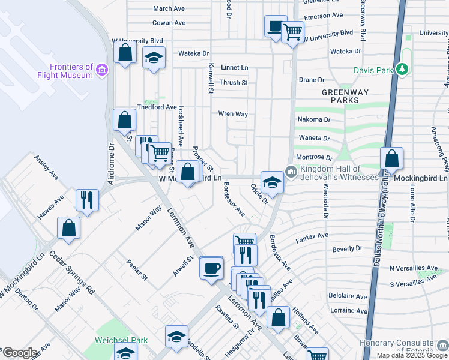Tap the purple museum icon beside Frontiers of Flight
click(103, 71)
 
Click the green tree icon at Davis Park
click(403, 70)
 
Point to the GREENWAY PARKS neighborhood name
click(345, 97)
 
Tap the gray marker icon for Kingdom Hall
click(292, 173)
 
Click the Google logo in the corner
click(19, 353)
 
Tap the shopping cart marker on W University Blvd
click(292, 31)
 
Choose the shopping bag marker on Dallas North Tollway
click(391, 159)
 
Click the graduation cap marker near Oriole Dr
click(272, 182)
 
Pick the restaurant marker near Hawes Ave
click(87, 200)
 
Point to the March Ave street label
click(169, 8)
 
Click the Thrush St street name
click(234, 83)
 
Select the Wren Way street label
click(233, 113)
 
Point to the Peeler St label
click(136, 270)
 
